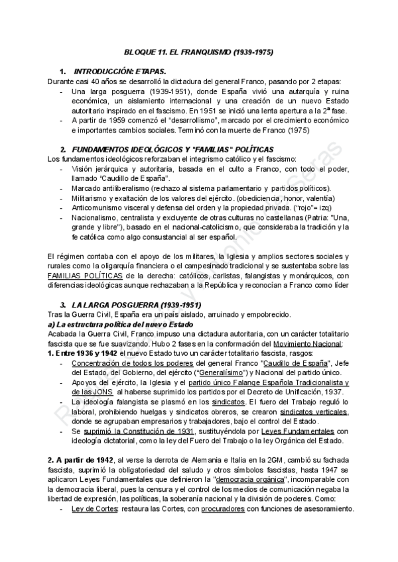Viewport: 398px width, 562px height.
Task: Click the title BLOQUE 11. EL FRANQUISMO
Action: tap(199, 51)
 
